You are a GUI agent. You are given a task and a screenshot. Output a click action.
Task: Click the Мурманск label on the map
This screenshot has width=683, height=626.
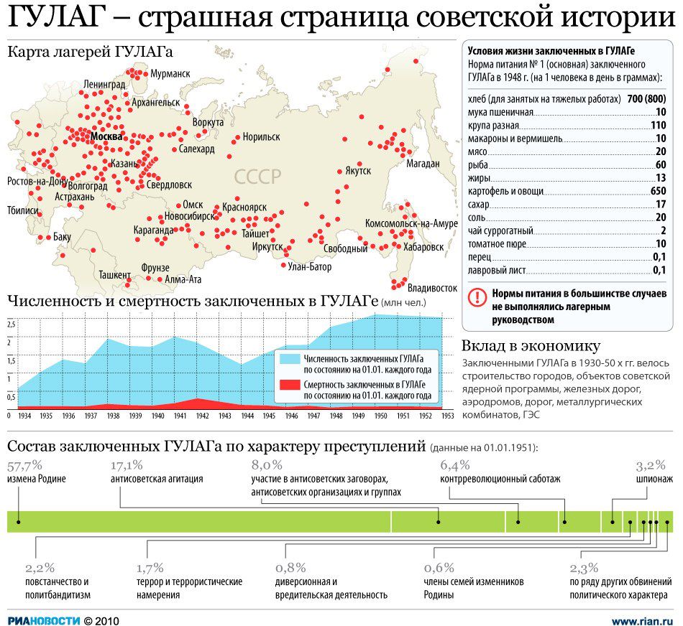tap(170, 74)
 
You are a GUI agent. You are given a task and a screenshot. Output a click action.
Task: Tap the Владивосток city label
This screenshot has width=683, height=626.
tap(432, 288)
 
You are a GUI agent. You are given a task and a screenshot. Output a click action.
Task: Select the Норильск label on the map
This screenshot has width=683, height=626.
tap(261, 136)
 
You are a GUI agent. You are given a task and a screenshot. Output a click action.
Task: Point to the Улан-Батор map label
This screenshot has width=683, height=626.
tap(309, 267)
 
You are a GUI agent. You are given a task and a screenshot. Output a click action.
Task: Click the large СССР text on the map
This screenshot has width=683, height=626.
tap(257, 176)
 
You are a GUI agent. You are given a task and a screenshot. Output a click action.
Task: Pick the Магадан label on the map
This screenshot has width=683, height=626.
tap(423, 164)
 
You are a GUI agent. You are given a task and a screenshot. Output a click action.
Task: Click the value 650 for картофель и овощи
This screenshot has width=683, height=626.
tap(658, 191)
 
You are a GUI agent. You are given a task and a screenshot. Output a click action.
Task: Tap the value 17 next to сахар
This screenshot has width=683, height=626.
tap(661, 205)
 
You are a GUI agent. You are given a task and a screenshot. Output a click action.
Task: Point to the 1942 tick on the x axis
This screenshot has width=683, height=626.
tap(202, 416)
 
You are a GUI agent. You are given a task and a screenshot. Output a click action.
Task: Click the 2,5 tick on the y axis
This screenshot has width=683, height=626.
tap(11, 324)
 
